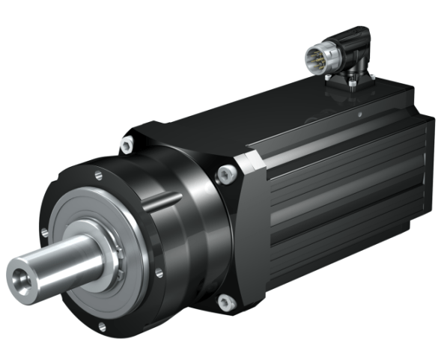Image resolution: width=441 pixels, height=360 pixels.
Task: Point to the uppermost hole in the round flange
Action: (x=99, y=177)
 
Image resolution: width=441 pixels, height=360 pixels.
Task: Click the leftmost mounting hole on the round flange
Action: (x=45, y=234)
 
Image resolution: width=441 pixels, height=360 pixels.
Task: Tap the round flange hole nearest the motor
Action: (x=159, y=274)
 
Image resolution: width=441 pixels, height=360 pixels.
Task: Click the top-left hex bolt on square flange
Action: (x=127, y=141)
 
